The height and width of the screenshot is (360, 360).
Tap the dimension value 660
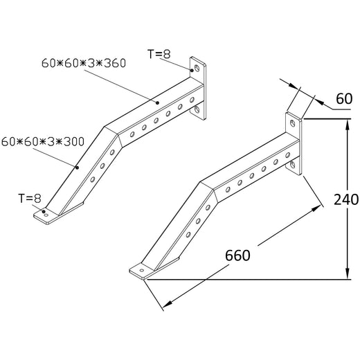237,255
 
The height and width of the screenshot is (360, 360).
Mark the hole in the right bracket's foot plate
144,269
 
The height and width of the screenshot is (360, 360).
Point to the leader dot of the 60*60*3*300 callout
78,167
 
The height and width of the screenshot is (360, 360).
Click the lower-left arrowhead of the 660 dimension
163,305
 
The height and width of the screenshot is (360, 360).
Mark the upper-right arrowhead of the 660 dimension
321,206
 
